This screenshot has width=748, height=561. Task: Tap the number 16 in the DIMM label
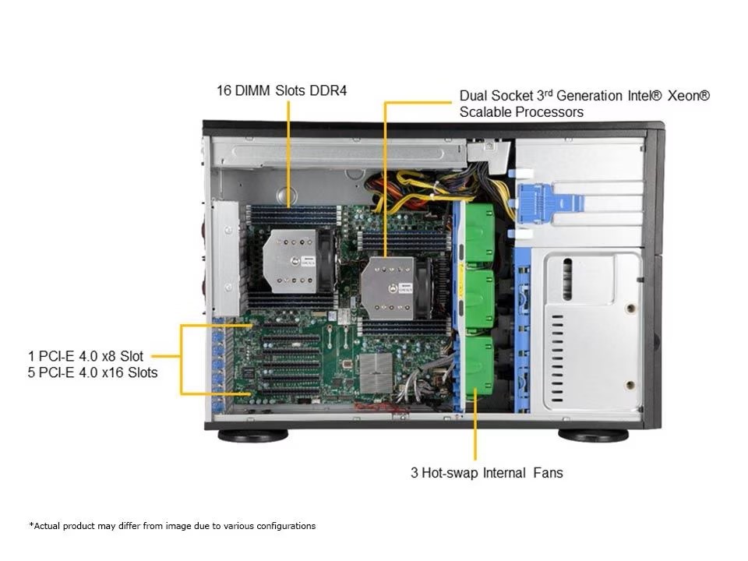click(x=224, y=91)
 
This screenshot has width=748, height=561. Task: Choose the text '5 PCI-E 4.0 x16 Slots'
click(x=92, y=372)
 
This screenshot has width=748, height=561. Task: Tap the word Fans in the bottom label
click(x=548, y=472)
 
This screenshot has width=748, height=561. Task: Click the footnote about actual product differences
click(x=172, y=526)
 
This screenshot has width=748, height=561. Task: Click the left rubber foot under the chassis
click(x=252, y=435)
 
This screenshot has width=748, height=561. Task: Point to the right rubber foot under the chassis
click(x=593, y=435)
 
